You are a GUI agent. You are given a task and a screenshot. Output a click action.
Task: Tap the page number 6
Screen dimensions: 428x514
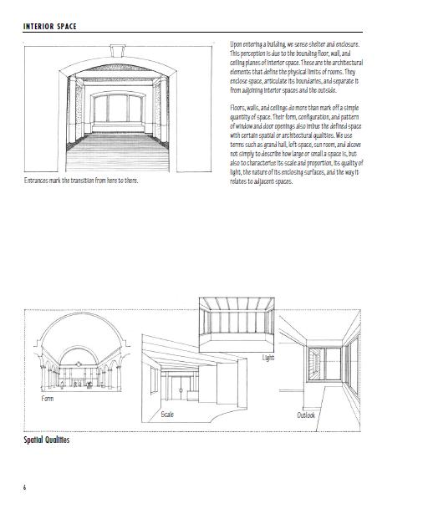pos(25,488)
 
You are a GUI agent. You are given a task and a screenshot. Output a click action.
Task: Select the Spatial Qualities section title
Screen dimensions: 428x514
pos(46,440)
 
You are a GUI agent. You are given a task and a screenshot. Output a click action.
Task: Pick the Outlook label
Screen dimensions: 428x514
pos(306,415)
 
